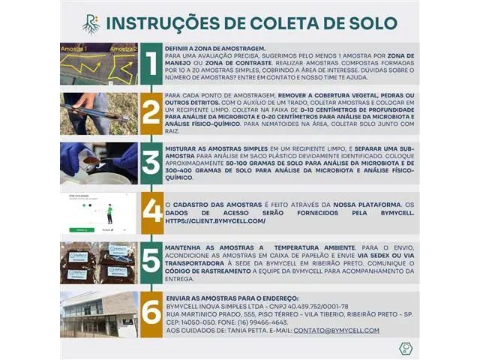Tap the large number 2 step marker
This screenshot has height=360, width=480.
pyautogui.click(x=151, y=112)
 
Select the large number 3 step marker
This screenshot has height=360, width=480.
pyautogui.click(x=151, y=163)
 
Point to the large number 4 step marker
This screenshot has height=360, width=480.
pyautogui.click(x=151, y=212)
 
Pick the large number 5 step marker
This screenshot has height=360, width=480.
pyautogui.click(x=151, y=262)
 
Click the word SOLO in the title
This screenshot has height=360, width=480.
pyautogui.click(x=367, y=23)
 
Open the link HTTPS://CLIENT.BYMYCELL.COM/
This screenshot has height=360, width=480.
pyautogui.click(x=215, y=221)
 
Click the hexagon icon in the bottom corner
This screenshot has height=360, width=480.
pyautogui.click(x=405, y=349)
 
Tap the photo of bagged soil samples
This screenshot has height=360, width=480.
pyautogui.click(x=99, y=262)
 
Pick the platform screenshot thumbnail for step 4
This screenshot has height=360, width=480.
pyautogui.click(x=99, y=212)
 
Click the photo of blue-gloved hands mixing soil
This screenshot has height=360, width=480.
pyautogui.click(x=99, y=163)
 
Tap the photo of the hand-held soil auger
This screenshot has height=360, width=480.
pyautogui.click(x=99, y=112)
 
